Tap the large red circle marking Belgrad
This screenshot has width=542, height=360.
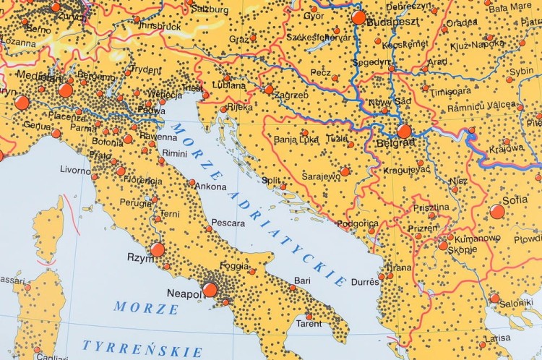(x=404, y=131)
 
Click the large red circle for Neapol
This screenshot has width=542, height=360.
(x=210, y=289)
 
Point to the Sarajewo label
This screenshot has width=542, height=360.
(x=319, y=176)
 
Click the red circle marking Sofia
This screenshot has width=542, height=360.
(x=497, y=211)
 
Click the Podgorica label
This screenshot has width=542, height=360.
(x=357, y=223)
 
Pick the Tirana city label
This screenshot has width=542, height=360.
(x=398, y=267)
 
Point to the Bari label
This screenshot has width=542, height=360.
(x=301, y=280)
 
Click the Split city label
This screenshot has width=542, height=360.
(x=271, y=179)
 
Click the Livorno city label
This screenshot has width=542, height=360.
(x=75, y=170)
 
